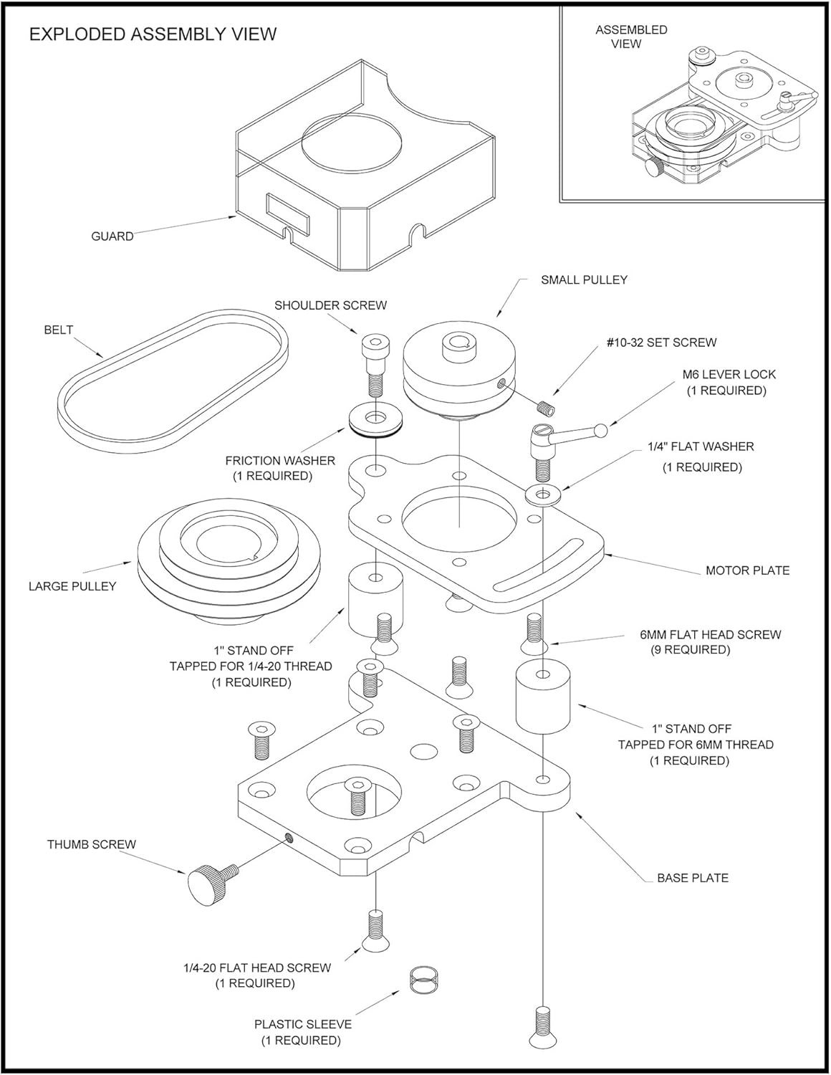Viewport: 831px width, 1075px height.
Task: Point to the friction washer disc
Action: point(375,419)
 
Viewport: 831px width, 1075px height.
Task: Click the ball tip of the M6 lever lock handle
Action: point(602,431)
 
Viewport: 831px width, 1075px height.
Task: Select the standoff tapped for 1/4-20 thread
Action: point(375,599)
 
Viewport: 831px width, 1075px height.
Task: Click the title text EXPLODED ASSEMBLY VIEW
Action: point(153,34)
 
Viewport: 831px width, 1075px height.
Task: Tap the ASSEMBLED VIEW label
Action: point(631,37)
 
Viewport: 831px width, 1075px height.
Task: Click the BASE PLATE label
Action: point(692,878)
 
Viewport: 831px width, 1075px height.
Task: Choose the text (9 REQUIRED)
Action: point(690,650)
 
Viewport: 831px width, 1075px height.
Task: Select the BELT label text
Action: point(59,330)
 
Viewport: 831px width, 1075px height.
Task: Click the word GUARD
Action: point(112,236)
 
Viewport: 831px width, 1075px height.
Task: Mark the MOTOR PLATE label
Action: point(747,571)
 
